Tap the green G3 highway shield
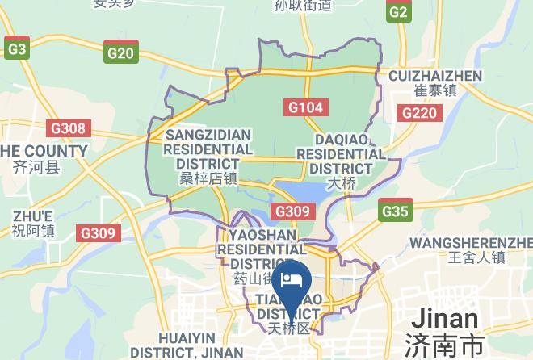tap(16, 49)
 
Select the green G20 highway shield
tap(120, 53)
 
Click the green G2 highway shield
tap(398, 12)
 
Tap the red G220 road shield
tap(421, 112)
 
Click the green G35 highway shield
tap(395, 211)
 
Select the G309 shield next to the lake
tap(292, 211)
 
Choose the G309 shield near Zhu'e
tap(99, 233)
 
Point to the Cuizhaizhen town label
tap(434, 82)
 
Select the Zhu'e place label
tap(33, 223)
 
